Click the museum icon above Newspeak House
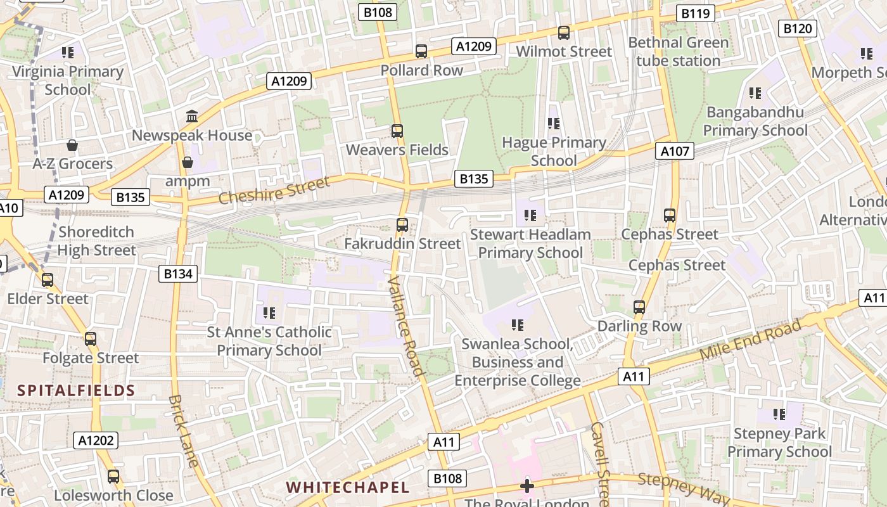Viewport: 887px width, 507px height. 192,116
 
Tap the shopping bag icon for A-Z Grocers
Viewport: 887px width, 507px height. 72,145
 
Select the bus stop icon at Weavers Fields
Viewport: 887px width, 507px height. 397,131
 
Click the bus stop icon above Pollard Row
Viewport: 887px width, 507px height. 421,51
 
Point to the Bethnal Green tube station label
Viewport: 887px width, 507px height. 679,52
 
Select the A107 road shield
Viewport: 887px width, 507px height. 675,151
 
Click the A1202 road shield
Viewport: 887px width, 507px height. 96,440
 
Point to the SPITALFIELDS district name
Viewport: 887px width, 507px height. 76,390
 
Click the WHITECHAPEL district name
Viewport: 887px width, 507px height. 348,487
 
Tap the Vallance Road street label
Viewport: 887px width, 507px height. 405,326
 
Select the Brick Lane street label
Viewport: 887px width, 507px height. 184,430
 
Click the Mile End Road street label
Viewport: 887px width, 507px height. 751,340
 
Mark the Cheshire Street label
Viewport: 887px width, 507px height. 274,190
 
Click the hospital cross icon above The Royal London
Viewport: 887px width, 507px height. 527,486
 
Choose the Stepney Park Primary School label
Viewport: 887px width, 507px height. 779,443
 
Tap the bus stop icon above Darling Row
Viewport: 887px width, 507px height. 639,307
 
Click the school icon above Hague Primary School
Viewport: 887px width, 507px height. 554,123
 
